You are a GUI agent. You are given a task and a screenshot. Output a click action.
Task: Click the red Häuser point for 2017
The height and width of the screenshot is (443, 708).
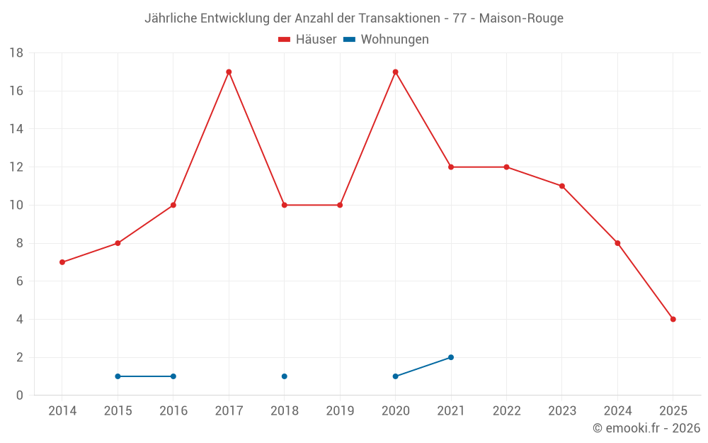(x=229, y=72)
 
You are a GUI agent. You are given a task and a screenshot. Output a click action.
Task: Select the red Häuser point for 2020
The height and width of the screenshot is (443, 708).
(x=395, y=72)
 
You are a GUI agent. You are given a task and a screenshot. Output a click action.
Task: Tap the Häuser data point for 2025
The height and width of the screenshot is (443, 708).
(x=673, y=319)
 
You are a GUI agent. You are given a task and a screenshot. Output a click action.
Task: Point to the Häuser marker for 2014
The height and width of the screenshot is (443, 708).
(x=62, y=262)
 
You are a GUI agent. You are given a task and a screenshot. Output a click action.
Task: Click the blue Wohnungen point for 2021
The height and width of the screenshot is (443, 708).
(x=451, y=357)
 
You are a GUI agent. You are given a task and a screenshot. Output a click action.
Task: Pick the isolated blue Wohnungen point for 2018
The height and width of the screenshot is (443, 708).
(x=284, y=376)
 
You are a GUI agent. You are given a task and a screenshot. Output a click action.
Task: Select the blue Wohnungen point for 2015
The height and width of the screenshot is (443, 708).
(x=118, y=376)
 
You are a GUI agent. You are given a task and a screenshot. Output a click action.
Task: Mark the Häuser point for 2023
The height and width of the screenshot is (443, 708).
(x=562, y=186)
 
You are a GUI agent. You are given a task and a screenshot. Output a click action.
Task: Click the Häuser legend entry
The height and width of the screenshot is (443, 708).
(x=307, y=40)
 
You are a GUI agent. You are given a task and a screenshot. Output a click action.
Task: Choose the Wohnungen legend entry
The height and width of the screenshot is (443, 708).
(x=387, y=40)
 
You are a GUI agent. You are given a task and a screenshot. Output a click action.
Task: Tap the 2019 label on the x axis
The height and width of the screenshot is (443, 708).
(x=340, y=410)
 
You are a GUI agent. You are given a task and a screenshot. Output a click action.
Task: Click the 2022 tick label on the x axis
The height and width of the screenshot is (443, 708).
(x=506, y=410)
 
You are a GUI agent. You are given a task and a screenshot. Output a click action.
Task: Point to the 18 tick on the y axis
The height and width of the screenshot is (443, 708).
(x=16, y=53)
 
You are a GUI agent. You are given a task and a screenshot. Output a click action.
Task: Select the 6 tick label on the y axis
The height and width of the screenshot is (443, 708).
(x=20, y=281)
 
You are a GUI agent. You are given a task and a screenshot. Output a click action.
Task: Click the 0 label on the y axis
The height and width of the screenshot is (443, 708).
(x=20, y=396)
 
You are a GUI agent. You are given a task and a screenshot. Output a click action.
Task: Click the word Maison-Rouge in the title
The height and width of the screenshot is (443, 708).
(x=521, y=18)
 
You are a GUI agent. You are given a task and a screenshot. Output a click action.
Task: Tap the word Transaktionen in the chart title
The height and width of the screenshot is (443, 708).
(x=405, y=18)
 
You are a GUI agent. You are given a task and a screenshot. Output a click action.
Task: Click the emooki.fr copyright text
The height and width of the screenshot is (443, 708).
(x=646, y=428)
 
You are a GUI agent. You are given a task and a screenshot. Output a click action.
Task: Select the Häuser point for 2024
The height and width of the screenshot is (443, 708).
(x=617, y=243)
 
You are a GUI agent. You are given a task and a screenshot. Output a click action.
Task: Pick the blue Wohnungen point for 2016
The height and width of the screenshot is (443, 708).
(x=173, y=376)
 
